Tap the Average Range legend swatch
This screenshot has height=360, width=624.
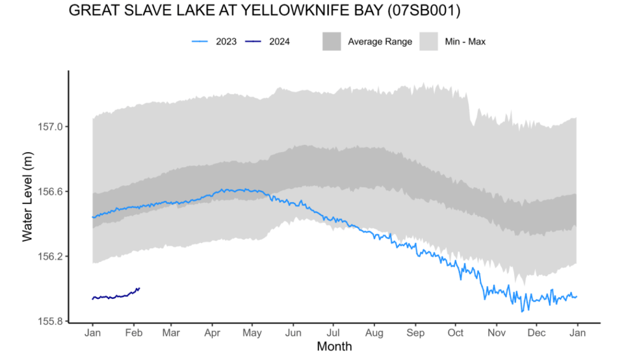(x=332, y=42)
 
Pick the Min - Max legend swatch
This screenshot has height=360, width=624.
(x=429, y=42)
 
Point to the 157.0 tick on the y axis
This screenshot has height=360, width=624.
(x=51, y=127)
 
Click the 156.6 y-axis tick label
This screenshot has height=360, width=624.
(x=51, y=192)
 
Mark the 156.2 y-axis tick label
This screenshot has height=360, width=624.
(x=51, y=256)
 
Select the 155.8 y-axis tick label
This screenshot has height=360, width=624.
(x=51, y=321)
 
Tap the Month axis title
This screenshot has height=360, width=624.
(x=334, y=346)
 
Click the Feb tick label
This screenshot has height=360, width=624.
(x=133, y=333)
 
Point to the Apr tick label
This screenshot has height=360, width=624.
(x=212, y=333)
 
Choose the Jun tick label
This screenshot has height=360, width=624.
(x=293, y=333)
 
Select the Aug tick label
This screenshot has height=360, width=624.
(x=374, y=333)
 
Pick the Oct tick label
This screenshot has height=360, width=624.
(x=456, y=333)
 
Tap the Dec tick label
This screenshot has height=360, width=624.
(x=536, y=333)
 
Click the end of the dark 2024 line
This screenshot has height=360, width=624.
(x=139, y=288)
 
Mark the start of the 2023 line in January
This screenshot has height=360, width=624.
(x=93, y=217)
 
